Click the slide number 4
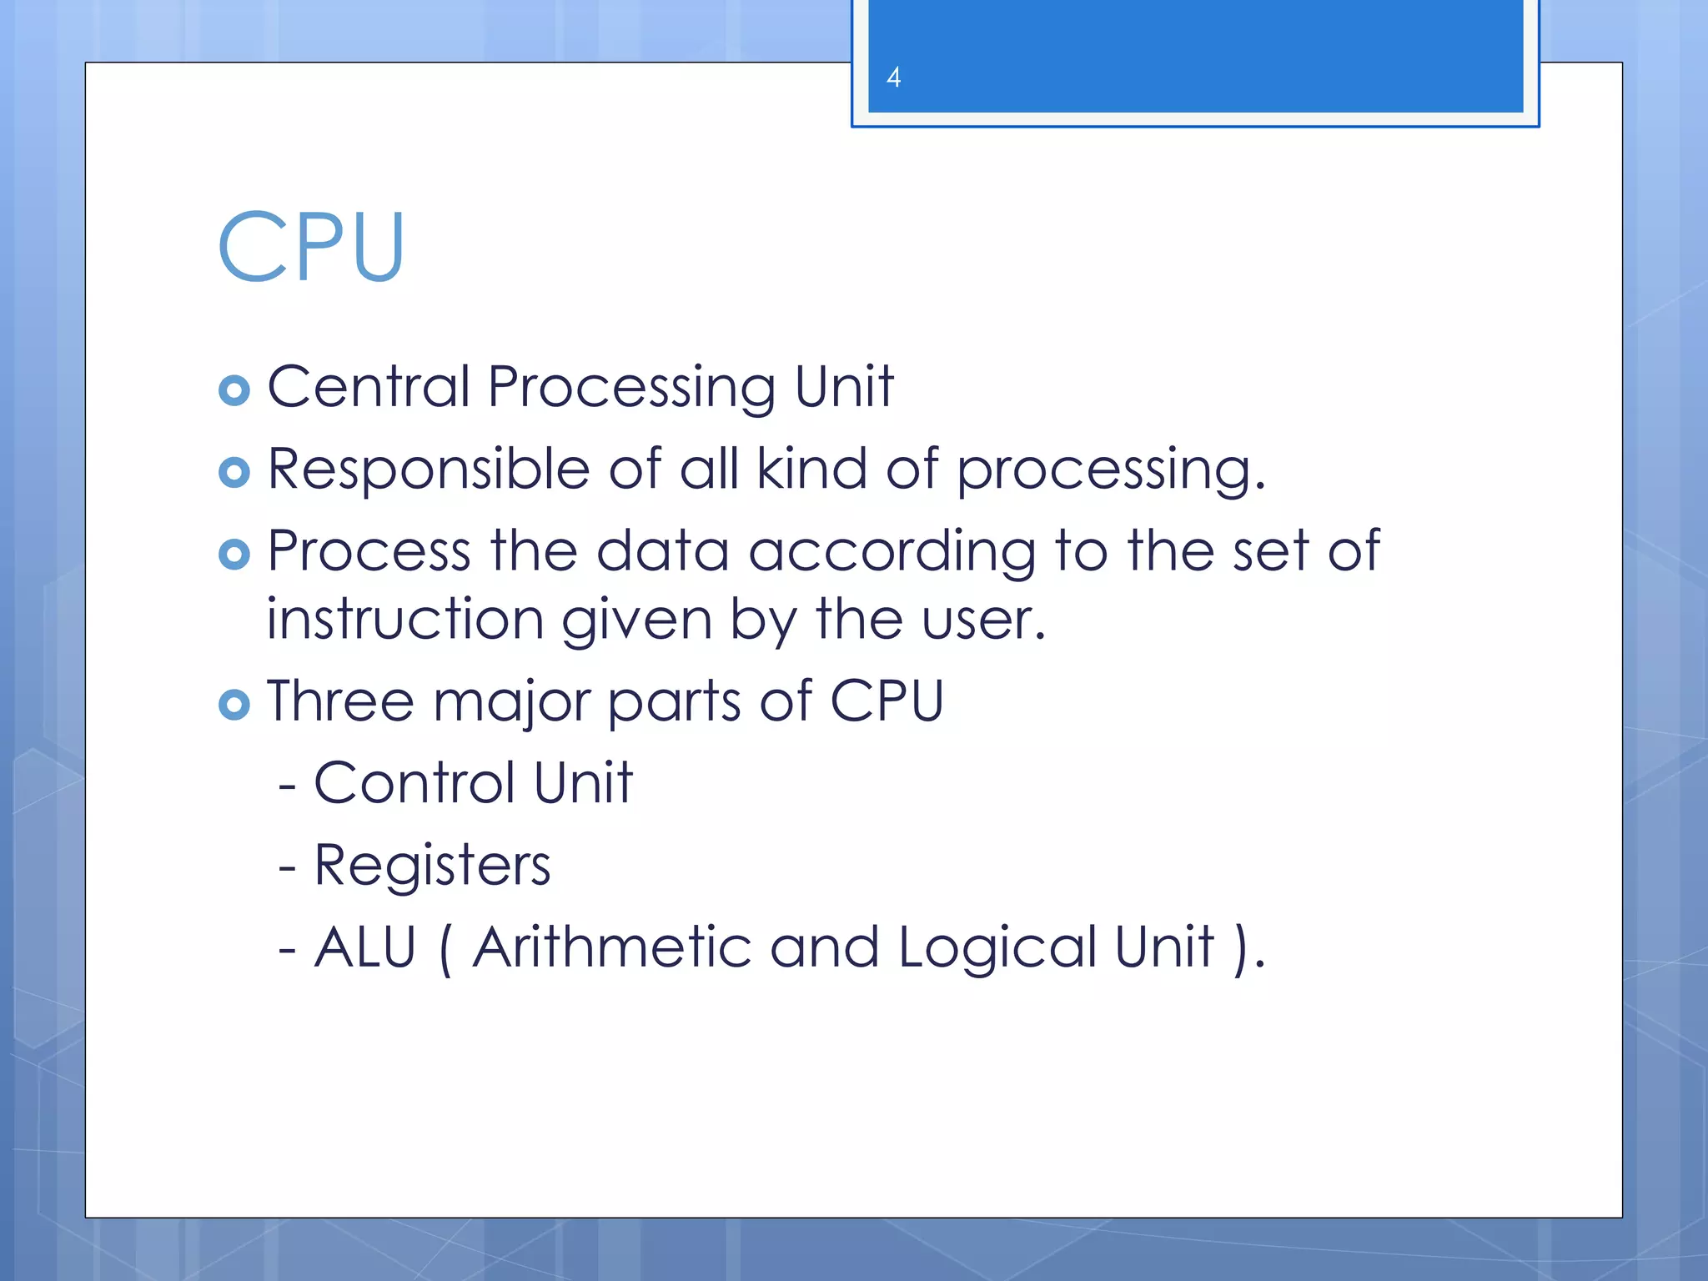pyautogui.click(x=893, y=78)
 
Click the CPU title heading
pyautogui.click(x=311, y=248)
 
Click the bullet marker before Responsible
pyautogui.click(x=234, y=472)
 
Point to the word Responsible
pyautogui.click(x=429, y=470)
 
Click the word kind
pyautogui.click(x=811, y=469)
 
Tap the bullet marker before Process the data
pyautogui.click(x=234, y=554)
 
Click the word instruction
pyautogui.click(x=405, y=620)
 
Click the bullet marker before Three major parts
pyautogui.click(x=234, y=705)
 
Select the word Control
pyautogui.click(x=414, y=783)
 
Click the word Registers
pyautogui.click(x=432, y=866)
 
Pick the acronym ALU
pyautogui.click(x=365, y=947)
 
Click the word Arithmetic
pyautogui.click(x=611, y=947)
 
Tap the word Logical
pyautogui.click(x=997, y=949)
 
